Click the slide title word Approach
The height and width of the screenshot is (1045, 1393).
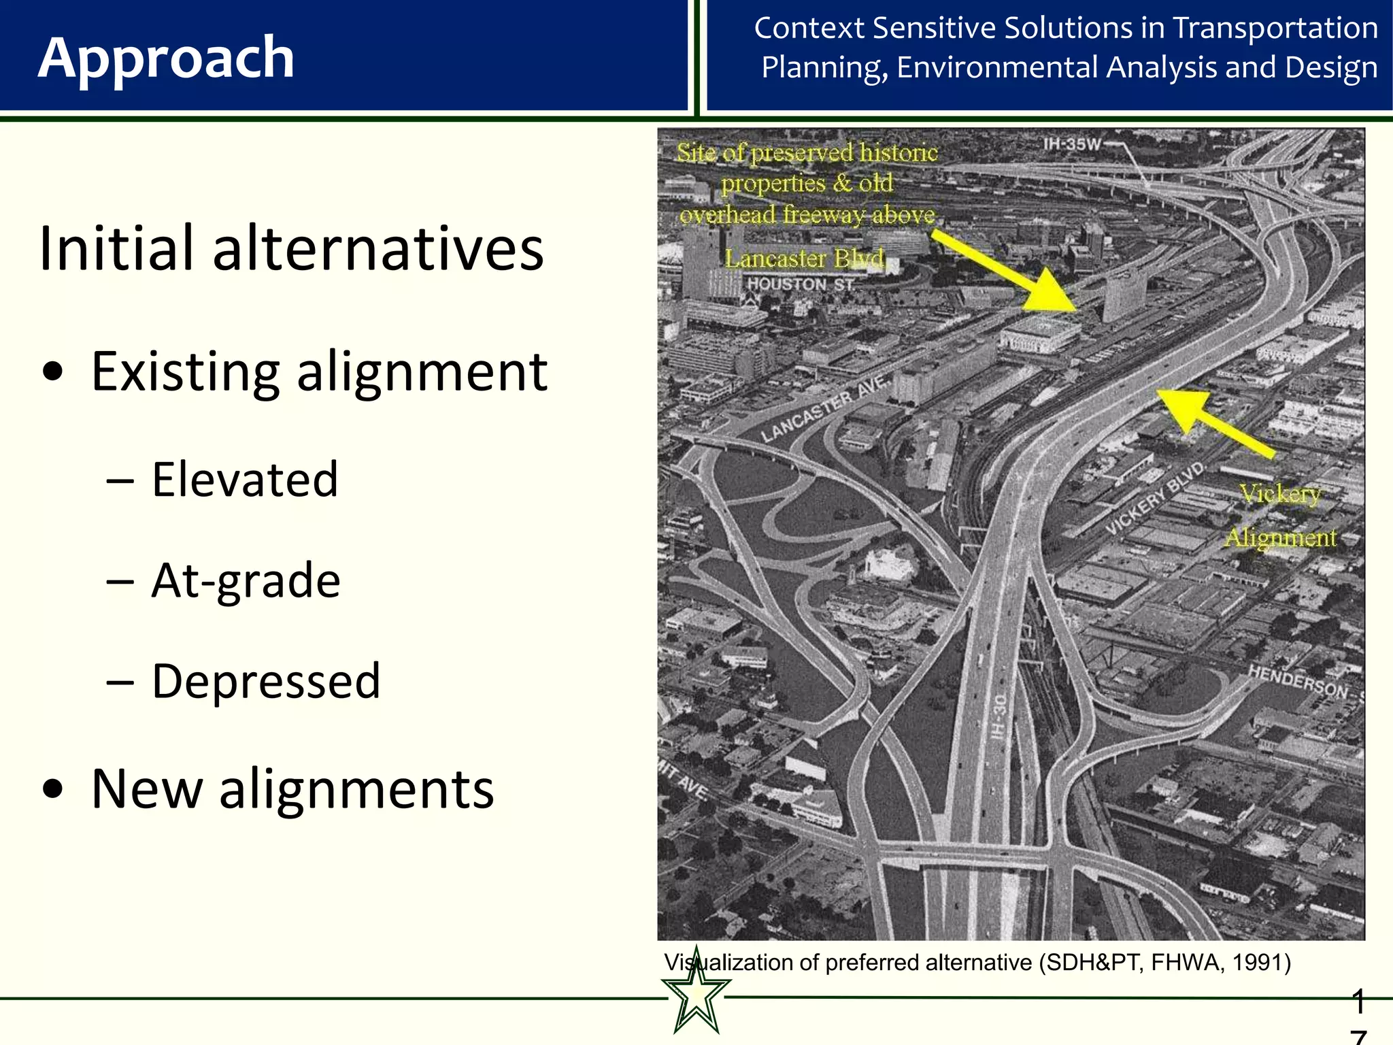(166, 59)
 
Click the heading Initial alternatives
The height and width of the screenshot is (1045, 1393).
(291, 248)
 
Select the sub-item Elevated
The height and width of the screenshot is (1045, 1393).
(244, 480)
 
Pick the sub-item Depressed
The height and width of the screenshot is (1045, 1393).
(265, 681)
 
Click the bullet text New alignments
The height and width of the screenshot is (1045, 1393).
(292, 789)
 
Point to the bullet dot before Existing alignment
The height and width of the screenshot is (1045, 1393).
(53, 373)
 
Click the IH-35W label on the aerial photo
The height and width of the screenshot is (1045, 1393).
(1071, 144)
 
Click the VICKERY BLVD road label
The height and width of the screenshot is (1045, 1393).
(1155, 499)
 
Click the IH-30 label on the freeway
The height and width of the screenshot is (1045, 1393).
(998, 717)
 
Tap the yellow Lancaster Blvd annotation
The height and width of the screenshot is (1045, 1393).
(804, 259)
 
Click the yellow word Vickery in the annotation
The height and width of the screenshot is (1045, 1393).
(1279, 493)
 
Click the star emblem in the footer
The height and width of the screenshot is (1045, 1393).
(696, 994)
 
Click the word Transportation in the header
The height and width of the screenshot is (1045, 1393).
(1275, 29)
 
